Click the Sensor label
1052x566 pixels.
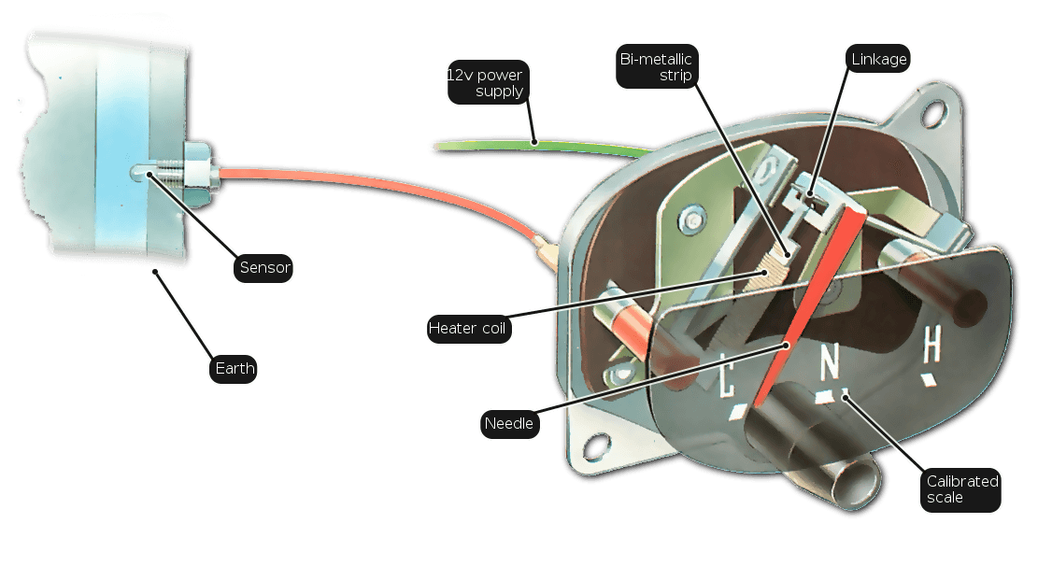263,267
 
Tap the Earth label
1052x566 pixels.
234,369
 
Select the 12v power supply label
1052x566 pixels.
488,82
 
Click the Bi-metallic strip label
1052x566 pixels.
657,66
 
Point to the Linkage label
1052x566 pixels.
877,59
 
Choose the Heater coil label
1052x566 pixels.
469,329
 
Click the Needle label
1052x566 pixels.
509,424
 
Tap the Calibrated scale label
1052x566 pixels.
960,489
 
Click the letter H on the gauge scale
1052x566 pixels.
931,345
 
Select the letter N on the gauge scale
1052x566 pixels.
830,361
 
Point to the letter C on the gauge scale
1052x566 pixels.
725,375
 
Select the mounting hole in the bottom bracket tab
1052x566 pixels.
596,446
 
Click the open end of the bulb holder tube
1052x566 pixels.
855,484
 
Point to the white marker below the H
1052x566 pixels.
930,380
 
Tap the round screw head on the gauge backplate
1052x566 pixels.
690,219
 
